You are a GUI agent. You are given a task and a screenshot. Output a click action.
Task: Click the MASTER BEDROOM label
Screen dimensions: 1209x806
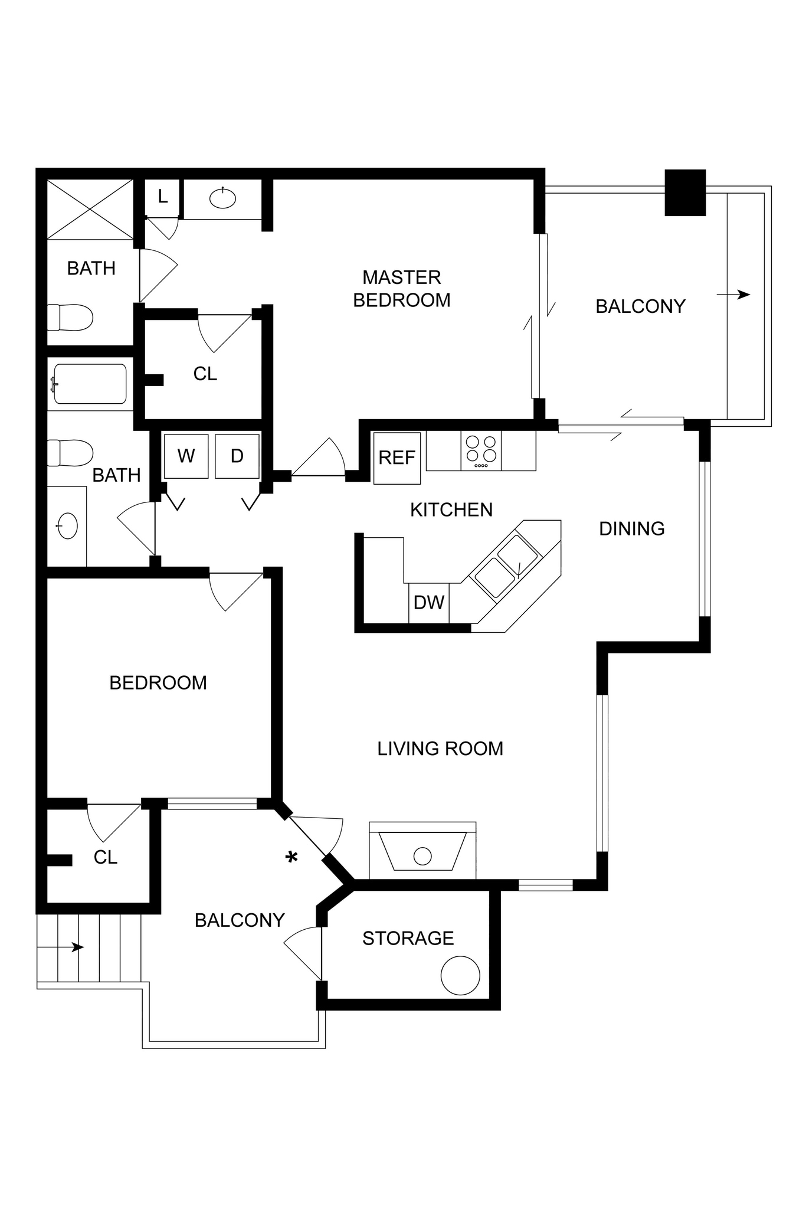coord(401,289)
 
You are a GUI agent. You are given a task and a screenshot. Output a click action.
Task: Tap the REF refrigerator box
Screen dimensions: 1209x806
coord(397,458)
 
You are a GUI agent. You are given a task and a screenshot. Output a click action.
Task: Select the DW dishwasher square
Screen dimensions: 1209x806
coord(429,603)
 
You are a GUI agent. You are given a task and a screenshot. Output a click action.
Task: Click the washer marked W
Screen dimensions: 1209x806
coord(186,456)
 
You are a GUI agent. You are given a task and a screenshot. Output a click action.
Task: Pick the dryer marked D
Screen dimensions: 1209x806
coord(237,456)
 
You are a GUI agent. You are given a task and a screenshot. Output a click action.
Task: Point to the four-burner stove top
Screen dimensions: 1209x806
coord(481,450)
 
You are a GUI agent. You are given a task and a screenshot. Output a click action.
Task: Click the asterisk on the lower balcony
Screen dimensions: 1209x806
coord(291,857)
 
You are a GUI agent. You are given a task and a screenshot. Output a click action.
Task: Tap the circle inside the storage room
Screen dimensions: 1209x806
coord(460,976)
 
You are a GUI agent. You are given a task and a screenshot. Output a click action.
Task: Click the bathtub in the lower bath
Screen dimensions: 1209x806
coord(90,384)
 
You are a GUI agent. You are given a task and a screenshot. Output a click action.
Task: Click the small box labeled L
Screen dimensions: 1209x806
coord(163,197)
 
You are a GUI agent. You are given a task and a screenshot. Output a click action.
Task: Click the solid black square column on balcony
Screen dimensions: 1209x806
coord(685,192)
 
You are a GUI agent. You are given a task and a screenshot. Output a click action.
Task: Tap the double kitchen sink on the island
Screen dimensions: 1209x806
coord(506,566)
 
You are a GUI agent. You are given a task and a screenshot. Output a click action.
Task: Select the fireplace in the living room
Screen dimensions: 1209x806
coord(422,851)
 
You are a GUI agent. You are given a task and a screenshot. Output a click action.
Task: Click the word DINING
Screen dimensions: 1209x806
coord(631,528)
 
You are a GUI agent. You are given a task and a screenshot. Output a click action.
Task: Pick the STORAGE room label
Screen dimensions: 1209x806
coord(408,938)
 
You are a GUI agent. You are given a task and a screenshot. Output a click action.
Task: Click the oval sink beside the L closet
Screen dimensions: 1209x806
coord(223,199)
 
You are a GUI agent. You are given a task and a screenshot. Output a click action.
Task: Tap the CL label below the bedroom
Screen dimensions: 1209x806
coord(106,857)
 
